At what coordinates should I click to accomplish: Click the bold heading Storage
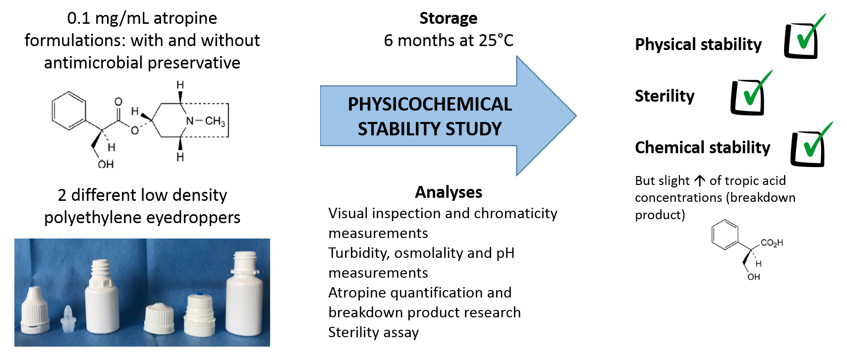[449, 18]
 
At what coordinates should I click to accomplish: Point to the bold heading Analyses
[449, 192]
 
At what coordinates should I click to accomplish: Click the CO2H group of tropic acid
[771, 243]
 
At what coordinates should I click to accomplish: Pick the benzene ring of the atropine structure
[68, 111]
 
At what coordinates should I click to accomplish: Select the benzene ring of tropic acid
[725, 235]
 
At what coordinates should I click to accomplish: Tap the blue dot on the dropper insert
[200, 294]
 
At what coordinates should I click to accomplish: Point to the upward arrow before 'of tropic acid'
[699, 181]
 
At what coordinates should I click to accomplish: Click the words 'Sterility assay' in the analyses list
[374, 332]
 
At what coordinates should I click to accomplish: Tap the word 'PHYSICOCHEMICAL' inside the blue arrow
[430, 104]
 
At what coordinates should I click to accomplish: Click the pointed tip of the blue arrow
[576, 116]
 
